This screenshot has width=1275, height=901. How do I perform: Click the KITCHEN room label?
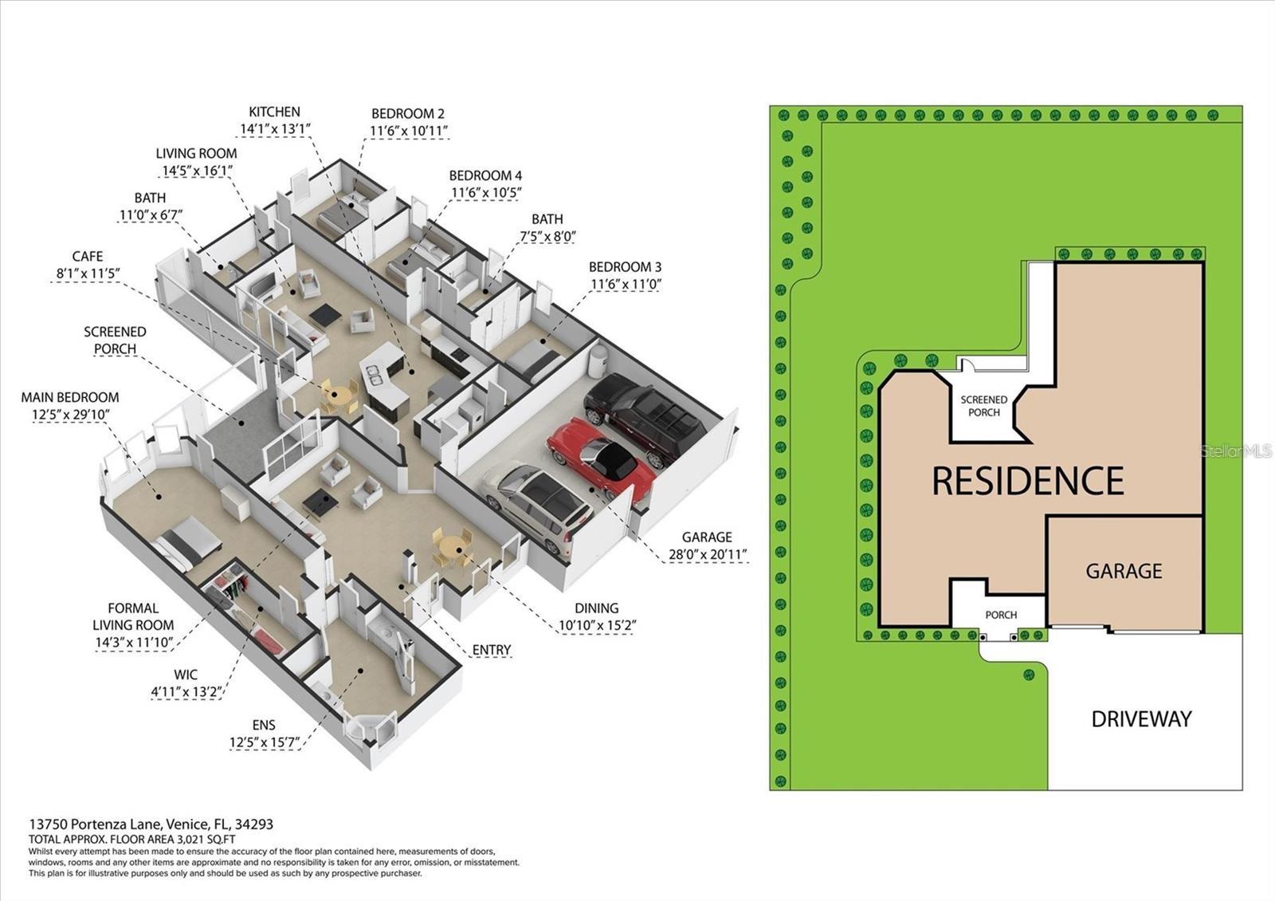[274, 112]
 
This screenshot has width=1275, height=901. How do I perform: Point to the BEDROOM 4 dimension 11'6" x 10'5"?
[486, 192]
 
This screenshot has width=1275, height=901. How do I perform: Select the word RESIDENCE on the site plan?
[1027, 481]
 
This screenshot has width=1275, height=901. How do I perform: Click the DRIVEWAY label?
[1141, 719]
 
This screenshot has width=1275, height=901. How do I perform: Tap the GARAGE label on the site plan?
[1124, 571]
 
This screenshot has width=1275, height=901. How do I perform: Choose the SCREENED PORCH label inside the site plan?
[983, 406]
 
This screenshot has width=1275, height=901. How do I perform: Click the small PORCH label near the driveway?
[1001, 615]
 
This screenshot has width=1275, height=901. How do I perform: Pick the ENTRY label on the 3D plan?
[491, 650]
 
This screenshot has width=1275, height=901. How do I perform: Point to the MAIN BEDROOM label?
[70, 397]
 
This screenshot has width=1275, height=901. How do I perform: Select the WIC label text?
[186, 675]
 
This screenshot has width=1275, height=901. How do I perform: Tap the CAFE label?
[88, 256]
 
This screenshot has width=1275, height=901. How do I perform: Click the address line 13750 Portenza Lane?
[151, 824]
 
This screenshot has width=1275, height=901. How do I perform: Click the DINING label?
[596, 608]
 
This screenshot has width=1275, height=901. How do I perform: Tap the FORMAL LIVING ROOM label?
[133, 616]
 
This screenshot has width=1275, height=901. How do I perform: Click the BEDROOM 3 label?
[625, 267]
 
